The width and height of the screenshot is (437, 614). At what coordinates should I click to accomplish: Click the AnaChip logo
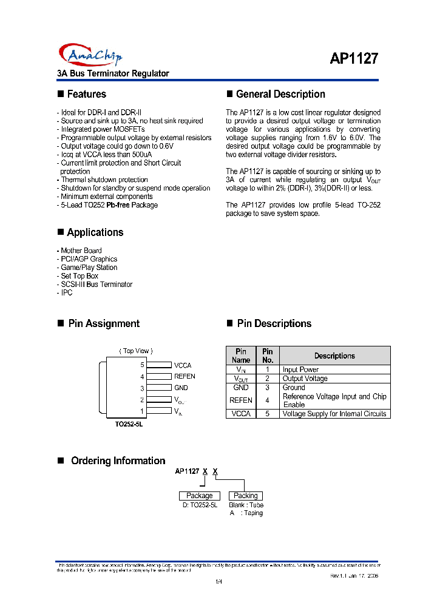click(90, 55)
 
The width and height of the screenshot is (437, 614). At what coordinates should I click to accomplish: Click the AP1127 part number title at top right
click(354, 58)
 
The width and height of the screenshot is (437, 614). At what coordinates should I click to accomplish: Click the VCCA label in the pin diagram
click(182, 365)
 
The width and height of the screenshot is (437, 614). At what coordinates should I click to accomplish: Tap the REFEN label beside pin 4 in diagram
click(185, 376)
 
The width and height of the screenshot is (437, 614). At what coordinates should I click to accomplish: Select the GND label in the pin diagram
click(181, 388)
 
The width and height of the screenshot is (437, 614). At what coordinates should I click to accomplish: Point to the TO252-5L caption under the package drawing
click(129, 424)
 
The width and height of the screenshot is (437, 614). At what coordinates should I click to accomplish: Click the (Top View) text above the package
click(136, 351)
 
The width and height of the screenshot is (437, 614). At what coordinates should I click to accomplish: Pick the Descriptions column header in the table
click(334, 356)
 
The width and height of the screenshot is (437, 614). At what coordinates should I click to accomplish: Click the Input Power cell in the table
click(300, 369)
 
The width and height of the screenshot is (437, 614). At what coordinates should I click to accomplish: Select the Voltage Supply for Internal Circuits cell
click(334, 414)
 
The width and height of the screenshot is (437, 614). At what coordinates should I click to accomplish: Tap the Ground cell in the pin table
click(294, 387)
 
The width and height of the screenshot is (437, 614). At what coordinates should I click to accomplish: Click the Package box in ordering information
click(199, 496)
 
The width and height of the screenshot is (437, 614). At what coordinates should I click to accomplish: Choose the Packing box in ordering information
click(245, 496)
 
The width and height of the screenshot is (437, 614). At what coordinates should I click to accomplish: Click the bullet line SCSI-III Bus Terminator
click(96, 284)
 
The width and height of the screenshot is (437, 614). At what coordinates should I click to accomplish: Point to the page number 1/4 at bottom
click(219, 582)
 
